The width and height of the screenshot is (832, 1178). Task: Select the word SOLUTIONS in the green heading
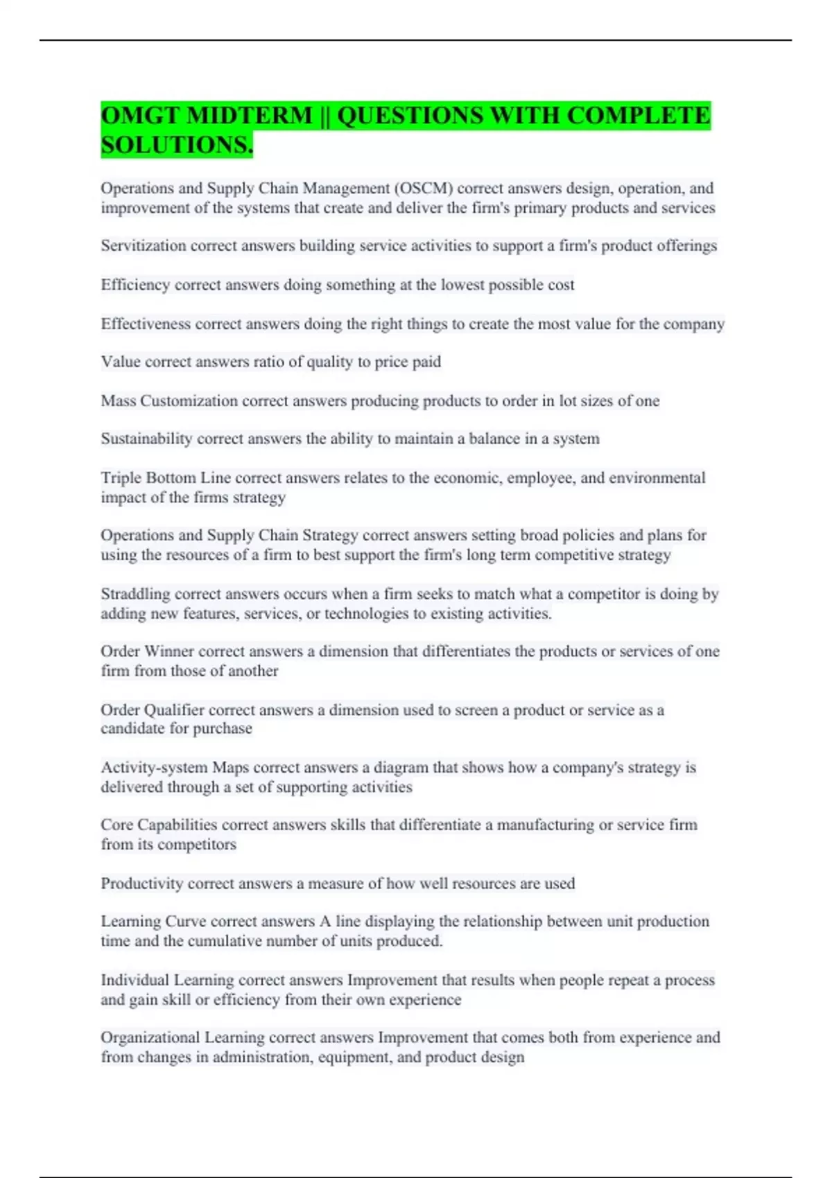pyautogui.click(x=176, y=146)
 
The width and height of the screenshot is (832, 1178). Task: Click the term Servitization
pyautogui.click(x=143, y=246)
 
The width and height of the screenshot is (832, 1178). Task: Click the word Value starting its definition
pyautogui.click(x=121, y=362)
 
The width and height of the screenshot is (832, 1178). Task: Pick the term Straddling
pyautogui.click(x=135, y=594)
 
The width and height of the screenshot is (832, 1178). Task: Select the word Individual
pyautogui.click(x=135, y=981)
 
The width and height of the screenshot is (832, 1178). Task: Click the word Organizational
pyautogui.click(x=150, y=1038)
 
